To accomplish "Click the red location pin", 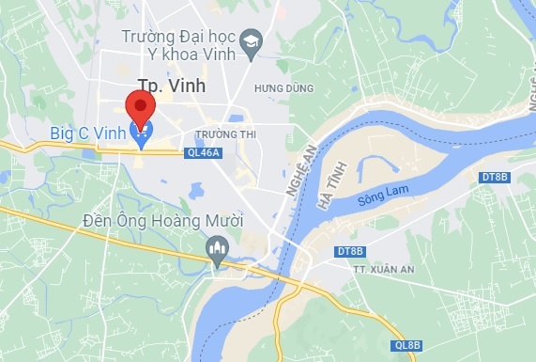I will [x=141, y=105].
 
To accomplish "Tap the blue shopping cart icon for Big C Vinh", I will [x=141, y=138].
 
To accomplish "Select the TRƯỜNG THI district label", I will [x=226, y=134].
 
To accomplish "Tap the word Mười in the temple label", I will [x=225, y=222].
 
